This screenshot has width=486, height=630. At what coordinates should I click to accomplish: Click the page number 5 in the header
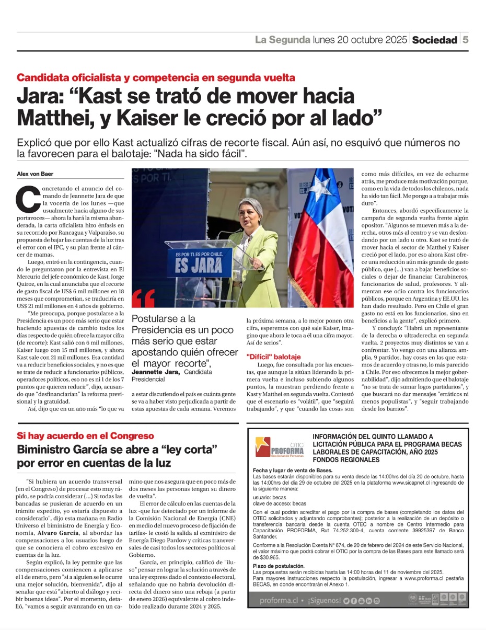[465, 40]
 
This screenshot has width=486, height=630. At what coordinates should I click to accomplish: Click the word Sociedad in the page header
[434, 40]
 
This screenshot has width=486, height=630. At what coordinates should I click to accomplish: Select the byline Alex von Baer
[34, 174]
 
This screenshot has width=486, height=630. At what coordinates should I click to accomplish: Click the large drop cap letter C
[28, 198]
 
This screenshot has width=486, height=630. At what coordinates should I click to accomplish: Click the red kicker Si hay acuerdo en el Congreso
[85, 436]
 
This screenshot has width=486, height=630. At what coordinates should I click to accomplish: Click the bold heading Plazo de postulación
[279, 566]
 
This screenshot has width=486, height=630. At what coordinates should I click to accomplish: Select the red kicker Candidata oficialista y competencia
[156, 78]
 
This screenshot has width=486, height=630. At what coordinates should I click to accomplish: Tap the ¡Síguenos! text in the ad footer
[324, 601]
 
